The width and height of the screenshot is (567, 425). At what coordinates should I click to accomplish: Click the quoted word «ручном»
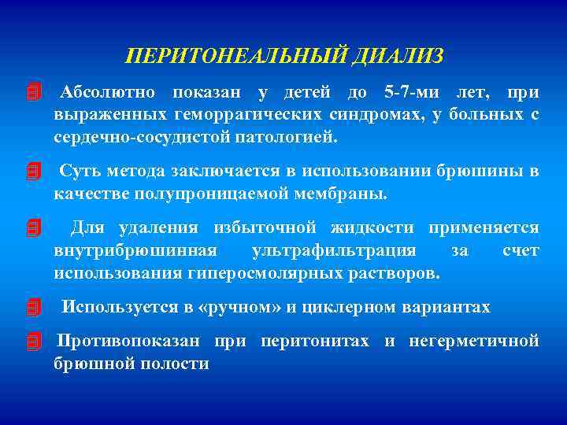[x=239, y=307]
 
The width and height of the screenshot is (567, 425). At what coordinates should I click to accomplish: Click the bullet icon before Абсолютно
[x=32, y=94]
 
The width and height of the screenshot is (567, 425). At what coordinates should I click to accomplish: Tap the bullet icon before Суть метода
[x=32, y=172]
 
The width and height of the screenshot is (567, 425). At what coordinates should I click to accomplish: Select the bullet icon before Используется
[x=32, y=307]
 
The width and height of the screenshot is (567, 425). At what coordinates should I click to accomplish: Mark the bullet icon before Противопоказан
[x=32, y=342]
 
